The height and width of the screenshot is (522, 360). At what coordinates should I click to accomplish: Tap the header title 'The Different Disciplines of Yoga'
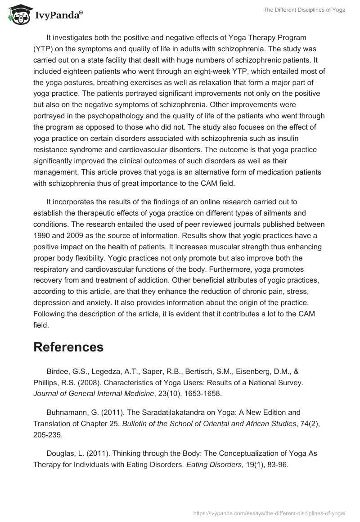click(x=301, y=10)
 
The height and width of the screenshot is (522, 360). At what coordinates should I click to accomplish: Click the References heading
click(x=68, y=347)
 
